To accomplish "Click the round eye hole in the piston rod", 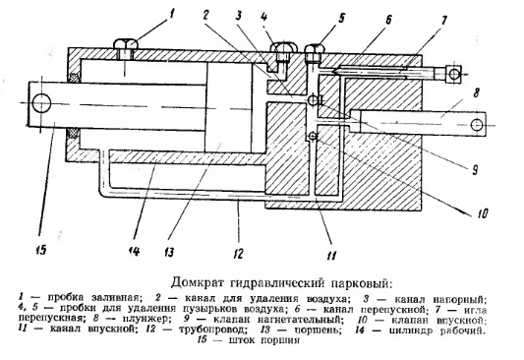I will [x=39, y=101].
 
